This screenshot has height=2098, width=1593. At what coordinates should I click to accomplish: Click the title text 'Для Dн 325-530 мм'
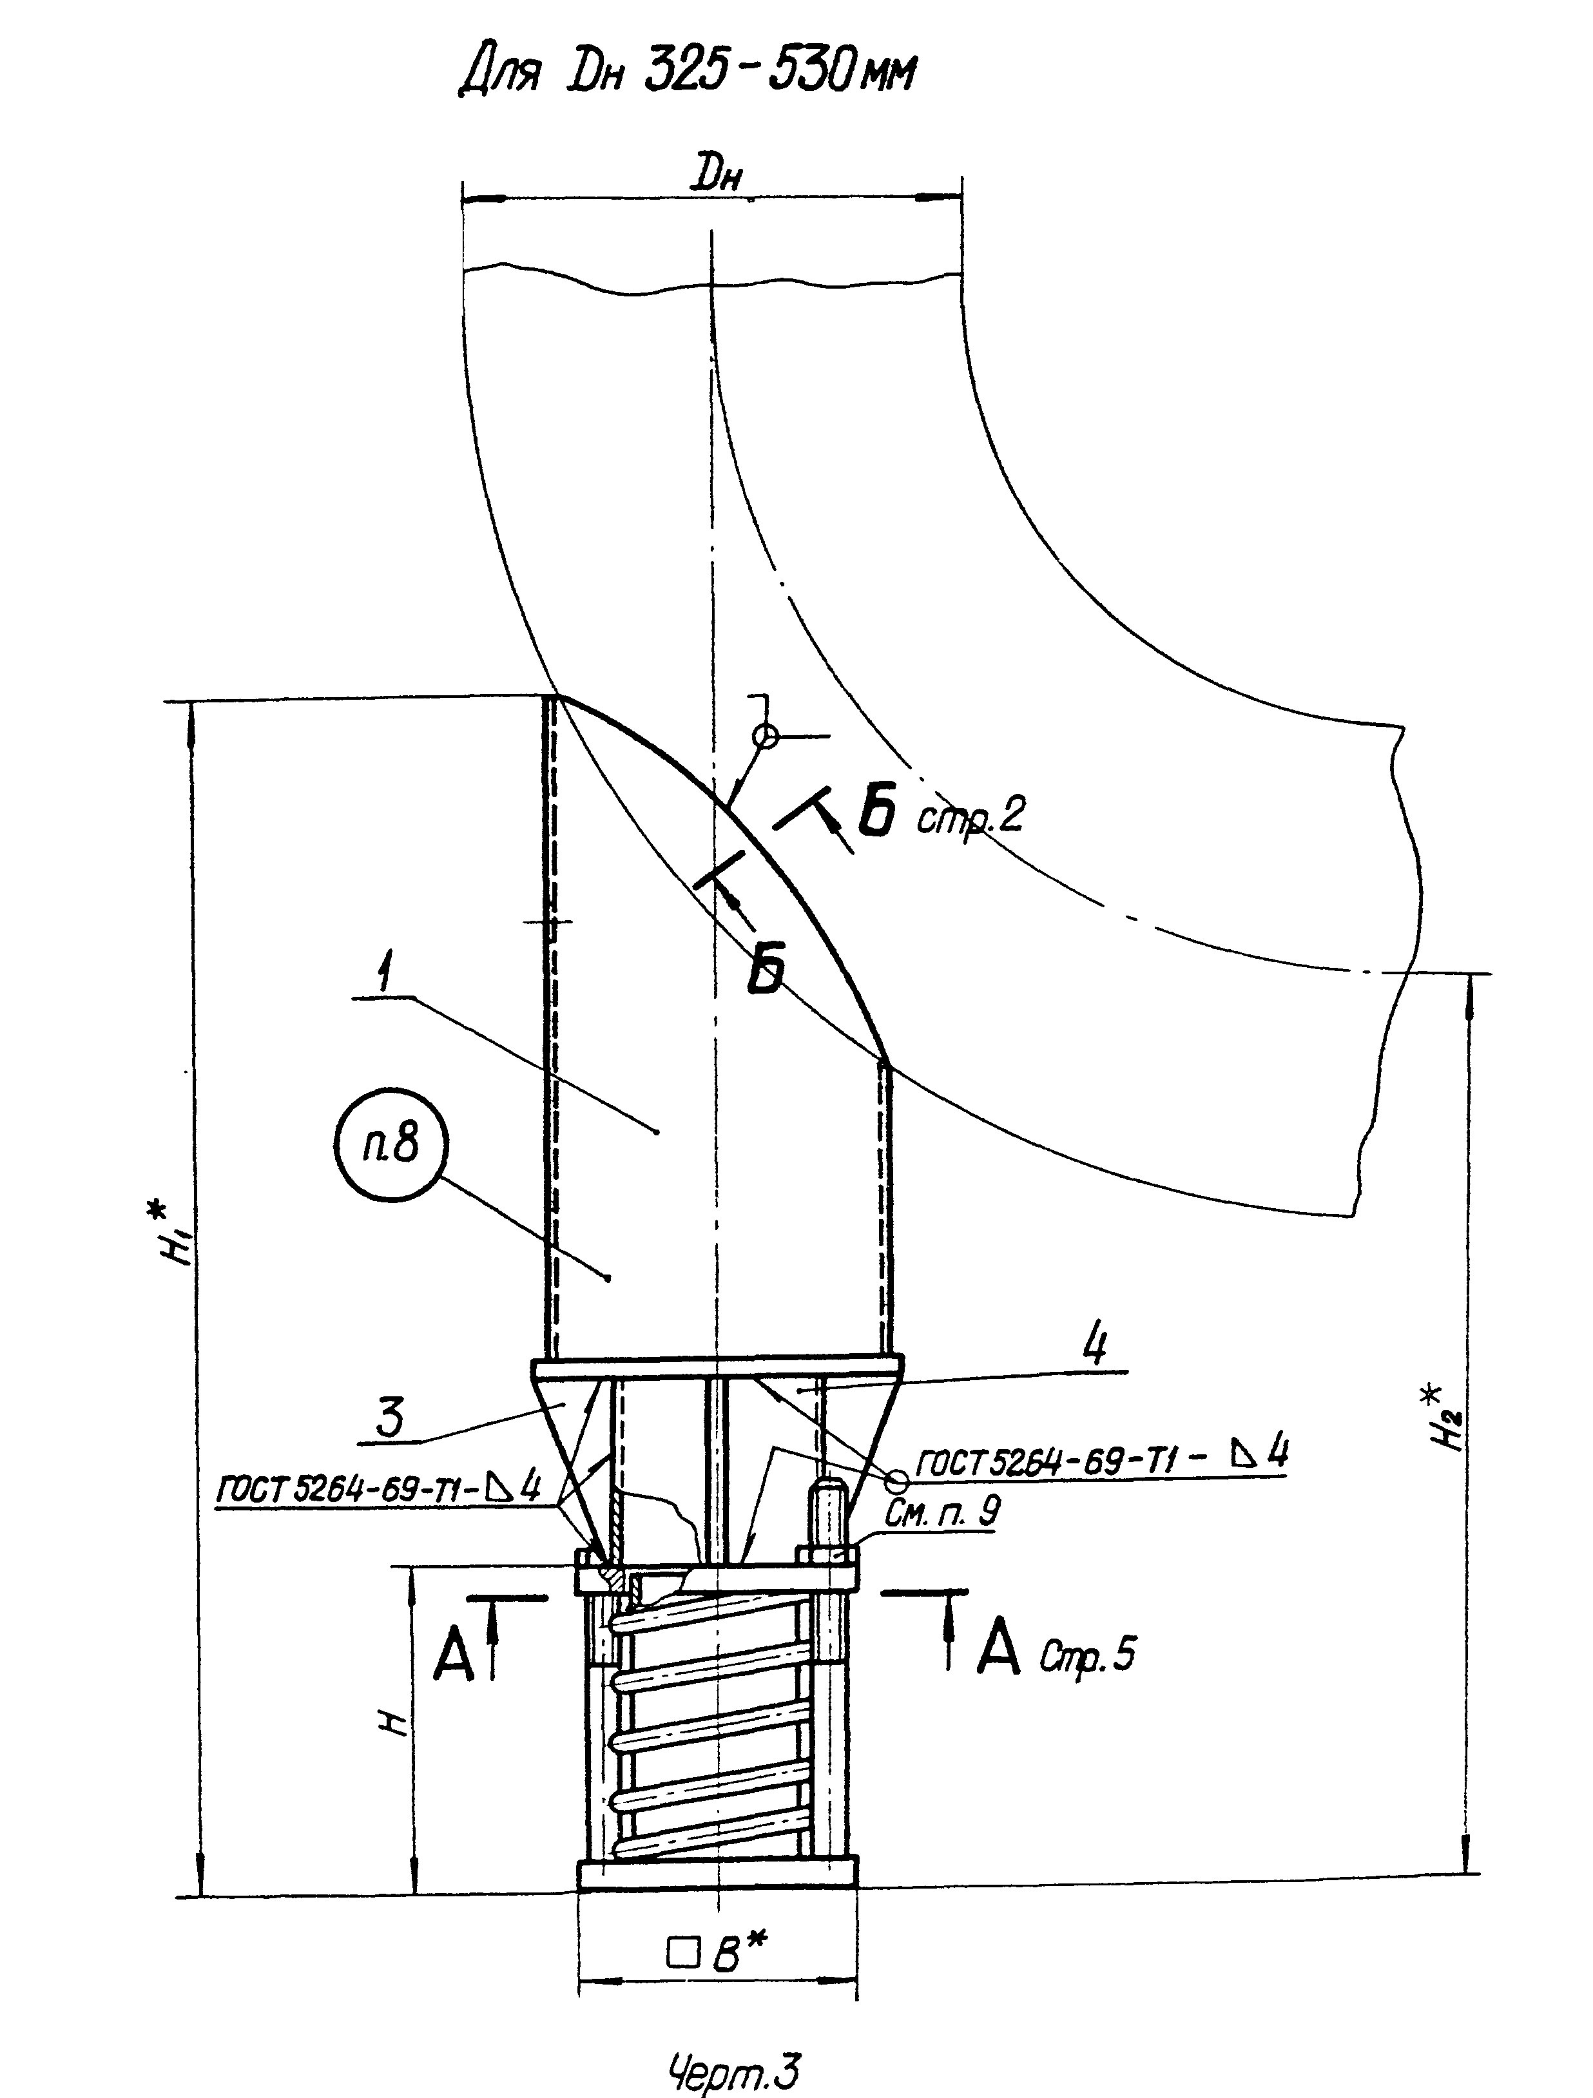(687, 72)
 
